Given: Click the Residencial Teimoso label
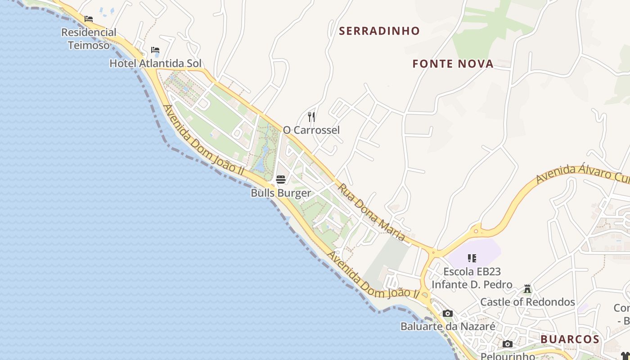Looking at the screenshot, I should (x=89, y=39).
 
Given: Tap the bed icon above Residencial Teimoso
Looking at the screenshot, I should (x=89, y=19).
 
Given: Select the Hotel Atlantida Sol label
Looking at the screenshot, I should (x=156, y=63).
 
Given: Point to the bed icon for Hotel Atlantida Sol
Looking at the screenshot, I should (x=155, y=50).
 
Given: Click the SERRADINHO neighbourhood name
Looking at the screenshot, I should (x=379, y=31).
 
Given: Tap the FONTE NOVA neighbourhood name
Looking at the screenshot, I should (x=453, y=64).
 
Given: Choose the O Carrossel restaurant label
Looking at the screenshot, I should (x=311, y=130).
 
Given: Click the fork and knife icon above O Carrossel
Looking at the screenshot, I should (x=311, y=117).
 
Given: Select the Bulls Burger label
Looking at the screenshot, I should (x=281, y=193).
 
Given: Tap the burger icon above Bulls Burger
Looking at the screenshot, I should (x=281, y=180).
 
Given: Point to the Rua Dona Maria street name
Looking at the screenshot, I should (x=372, y=211).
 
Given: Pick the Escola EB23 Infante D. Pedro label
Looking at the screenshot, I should (x=472, y=278).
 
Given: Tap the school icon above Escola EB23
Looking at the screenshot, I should (x=472, y=258).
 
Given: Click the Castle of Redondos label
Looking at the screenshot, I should (x=528, y=302).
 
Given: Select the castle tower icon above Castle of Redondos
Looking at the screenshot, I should (x=527, y=289).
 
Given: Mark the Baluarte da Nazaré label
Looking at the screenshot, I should (x=448, y=326).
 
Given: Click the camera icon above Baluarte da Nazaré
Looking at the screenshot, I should (x=447, y=314).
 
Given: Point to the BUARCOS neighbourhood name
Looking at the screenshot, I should (x=570, y=339).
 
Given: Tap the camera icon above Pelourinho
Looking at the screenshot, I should (x=508, y=344).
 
